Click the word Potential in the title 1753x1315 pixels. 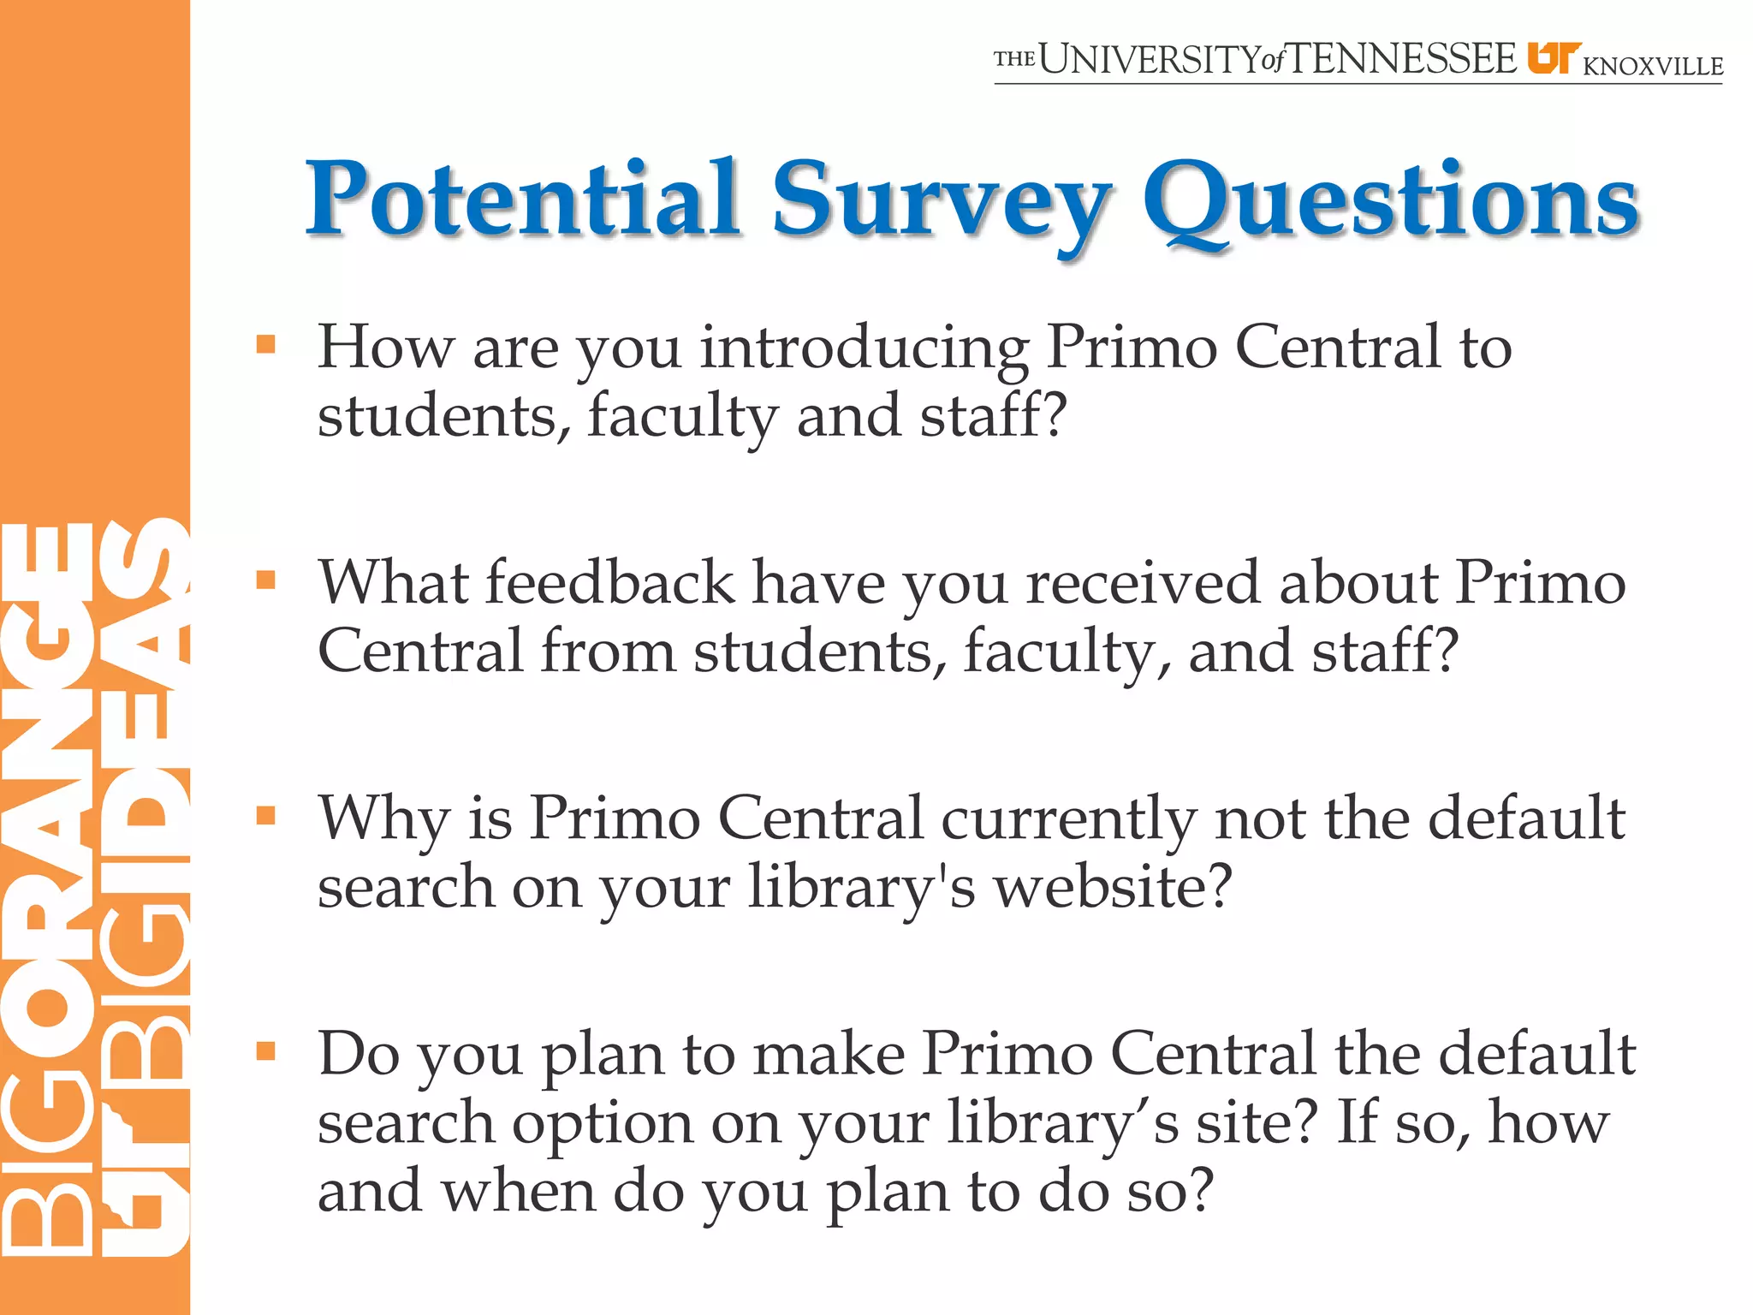[523, 199]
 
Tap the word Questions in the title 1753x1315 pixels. [1390, 202]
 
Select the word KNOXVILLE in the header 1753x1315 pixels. [1653, 66]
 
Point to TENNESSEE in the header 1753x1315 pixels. [1403, 60]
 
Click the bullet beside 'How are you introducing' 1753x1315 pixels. [266, 345]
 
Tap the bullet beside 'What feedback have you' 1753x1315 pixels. [266, 580]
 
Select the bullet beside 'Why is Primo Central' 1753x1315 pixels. [266, 816]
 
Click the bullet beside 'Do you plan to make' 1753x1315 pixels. [266, 1051]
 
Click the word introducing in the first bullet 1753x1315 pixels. [864, 349]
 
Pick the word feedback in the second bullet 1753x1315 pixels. [610, 582]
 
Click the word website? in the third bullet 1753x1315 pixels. [1113, 887]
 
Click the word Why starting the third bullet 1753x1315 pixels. [383, 820]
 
